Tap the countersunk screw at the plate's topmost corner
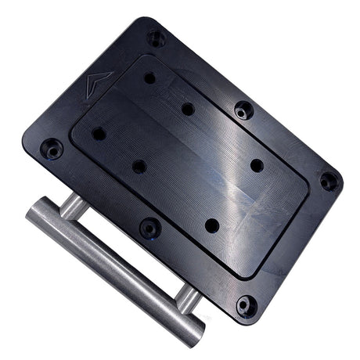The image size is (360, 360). click(157, 37)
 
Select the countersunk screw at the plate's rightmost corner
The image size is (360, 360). click(329, 181)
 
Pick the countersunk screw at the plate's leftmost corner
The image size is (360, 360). click(52, 146)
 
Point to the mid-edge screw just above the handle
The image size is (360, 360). click(149, 228)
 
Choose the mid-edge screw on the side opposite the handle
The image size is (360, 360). click(243, 110)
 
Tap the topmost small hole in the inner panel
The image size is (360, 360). click(149, 78)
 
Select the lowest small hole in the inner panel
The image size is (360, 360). click(211, 225)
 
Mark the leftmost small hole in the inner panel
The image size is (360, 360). click(99, 134)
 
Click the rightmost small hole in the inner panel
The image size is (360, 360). click(257, 164)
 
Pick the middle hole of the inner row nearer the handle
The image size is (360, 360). click(139, 166)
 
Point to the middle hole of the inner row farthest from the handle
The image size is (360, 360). click(188, 109)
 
